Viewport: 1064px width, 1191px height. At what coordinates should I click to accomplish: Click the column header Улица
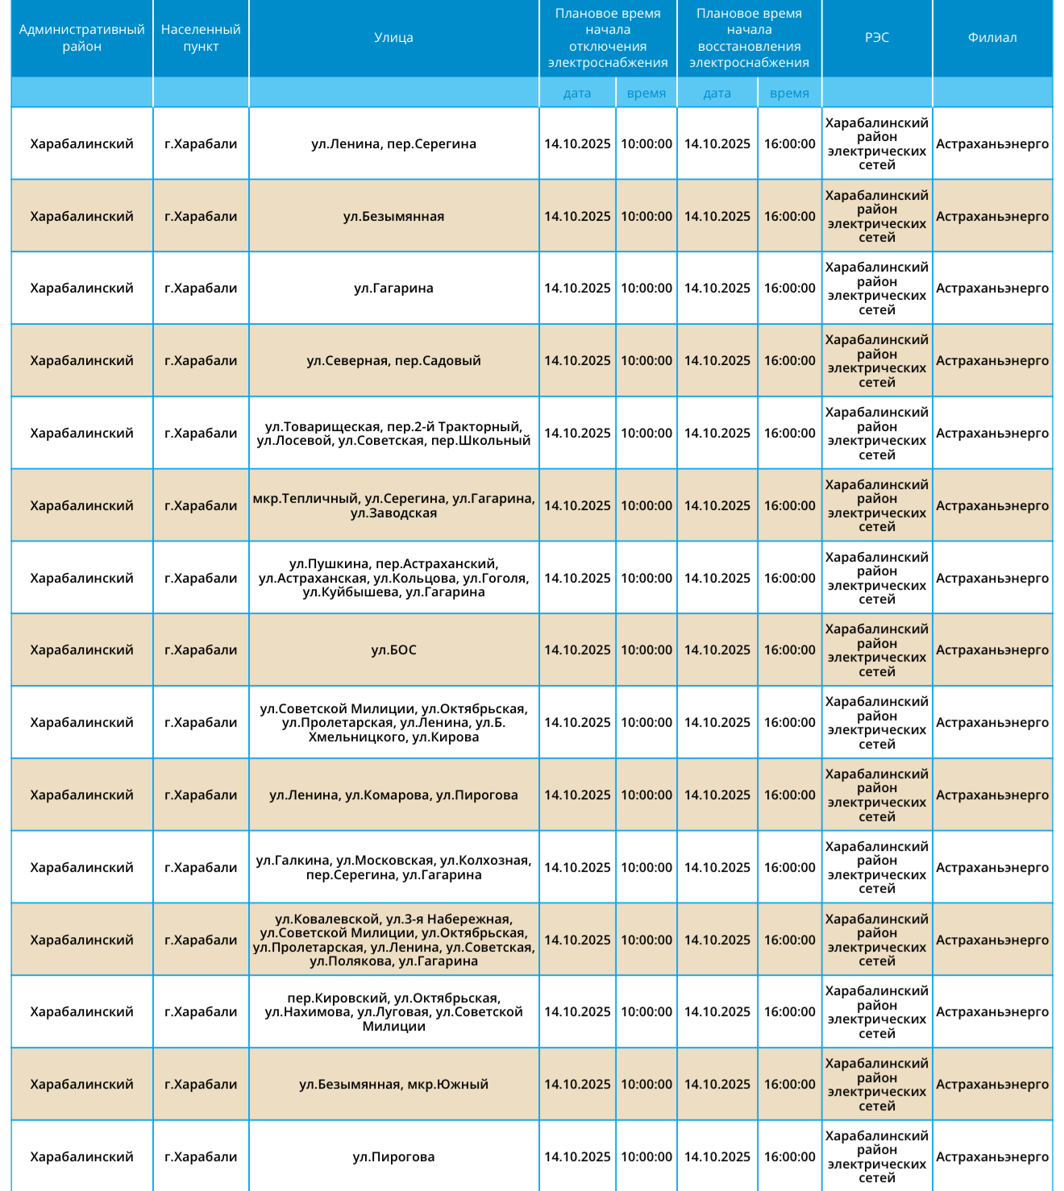[x=393, y=38]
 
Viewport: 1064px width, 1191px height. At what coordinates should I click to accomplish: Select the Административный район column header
[x=81, y=38]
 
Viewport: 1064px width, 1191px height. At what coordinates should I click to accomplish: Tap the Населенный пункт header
[x=201, y=38]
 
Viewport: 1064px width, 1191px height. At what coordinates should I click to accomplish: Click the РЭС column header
[x=877, y=38]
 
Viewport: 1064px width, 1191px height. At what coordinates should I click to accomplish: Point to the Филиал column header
[x=992, y=38]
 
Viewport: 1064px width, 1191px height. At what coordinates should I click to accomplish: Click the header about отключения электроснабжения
[x=608, y=38]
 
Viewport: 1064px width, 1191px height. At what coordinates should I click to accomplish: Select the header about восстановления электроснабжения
[x=749, y=38]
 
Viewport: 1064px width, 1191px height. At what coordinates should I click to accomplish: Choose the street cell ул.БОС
[x=393, y=650]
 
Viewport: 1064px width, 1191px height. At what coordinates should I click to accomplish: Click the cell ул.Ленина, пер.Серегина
[x=393, y=144]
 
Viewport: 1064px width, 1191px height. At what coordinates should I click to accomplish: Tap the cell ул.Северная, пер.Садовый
[x=393, y=361]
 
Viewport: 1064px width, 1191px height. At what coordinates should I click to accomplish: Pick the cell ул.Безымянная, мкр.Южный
[x=393, y=1085]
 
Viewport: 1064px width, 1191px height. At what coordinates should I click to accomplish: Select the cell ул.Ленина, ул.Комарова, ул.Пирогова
[x=393, y=795]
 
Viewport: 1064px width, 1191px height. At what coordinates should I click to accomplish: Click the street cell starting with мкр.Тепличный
[x=393, y=506]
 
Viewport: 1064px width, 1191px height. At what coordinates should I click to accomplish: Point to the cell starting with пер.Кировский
[x=393, y=1012]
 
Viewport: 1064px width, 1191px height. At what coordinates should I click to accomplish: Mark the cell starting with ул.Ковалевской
[x=393, y=940]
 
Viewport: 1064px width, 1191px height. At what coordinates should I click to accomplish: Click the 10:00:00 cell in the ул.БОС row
[x=646, y=650]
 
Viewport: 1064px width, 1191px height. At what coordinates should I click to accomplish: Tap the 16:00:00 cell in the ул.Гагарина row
[x=789, y=288]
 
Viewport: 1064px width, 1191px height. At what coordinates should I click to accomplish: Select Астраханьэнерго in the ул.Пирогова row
[x=992, y=1157]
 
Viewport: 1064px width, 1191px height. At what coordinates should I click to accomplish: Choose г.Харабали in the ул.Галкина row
[x=201, y=868]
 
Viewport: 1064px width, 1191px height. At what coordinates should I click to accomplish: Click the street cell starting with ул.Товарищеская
[x=393, y=434]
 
